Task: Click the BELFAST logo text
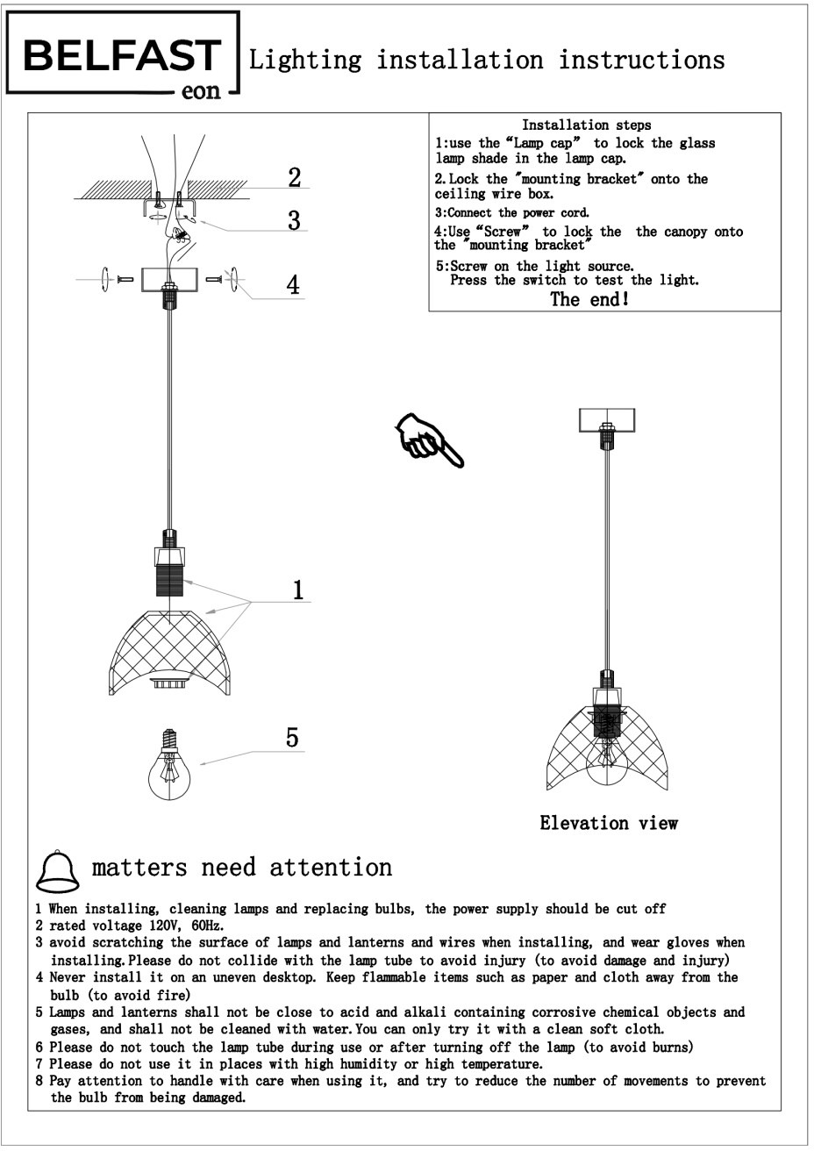click(x=122, y=56)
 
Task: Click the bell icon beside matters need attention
click(x=56, y=869)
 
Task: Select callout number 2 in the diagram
click(x=295, y=177)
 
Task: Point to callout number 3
click(x=295, y=220)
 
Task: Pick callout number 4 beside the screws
click(x=293, y=285)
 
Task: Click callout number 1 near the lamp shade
click(x=298, y=590)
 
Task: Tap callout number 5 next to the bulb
click(x=292, y=738)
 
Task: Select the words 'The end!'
click(x=589, y=299)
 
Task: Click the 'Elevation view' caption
click(x=609, y=823)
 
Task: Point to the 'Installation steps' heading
click(x=586, y=125)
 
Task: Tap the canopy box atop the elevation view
click(x=606, y=419)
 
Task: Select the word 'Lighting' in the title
click(x=305, y=60)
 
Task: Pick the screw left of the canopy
click(x=124, y=279)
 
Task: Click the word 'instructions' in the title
click(x=641, y=60)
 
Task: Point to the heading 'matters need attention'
click(x=242, y=868)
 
